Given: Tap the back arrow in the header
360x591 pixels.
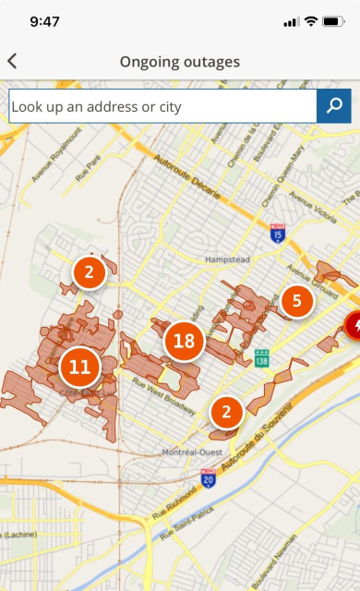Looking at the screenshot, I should [x=12, y=62].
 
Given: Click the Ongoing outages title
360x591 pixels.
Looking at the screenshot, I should [x=179, y=62].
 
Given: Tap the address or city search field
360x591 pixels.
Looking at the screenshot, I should [x=162, y=106].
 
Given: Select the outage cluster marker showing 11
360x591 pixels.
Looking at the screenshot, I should [x=80, y=367].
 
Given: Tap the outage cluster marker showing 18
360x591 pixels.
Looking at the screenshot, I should [x=184, y=342].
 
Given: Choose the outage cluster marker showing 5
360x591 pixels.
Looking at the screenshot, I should [x=296, y=300].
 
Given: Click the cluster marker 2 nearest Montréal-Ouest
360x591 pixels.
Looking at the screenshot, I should [x=225, y=411].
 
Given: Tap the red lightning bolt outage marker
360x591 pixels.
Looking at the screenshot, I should [x=354, y=324].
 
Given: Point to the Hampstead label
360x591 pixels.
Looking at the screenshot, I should [x=228, y=259].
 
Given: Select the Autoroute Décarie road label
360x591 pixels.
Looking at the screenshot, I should [x=202, y=175].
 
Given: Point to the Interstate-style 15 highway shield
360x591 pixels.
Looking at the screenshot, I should [x=277, y=235].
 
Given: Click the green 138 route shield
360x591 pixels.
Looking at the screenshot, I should [x=262, y=356].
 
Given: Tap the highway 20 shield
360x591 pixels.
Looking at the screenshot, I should [x=209, y=477].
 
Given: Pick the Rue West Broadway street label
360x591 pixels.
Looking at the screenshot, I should [x=162, y=389].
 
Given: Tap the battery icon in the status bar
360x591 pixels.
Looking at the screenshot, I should [x=333, y=21].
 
